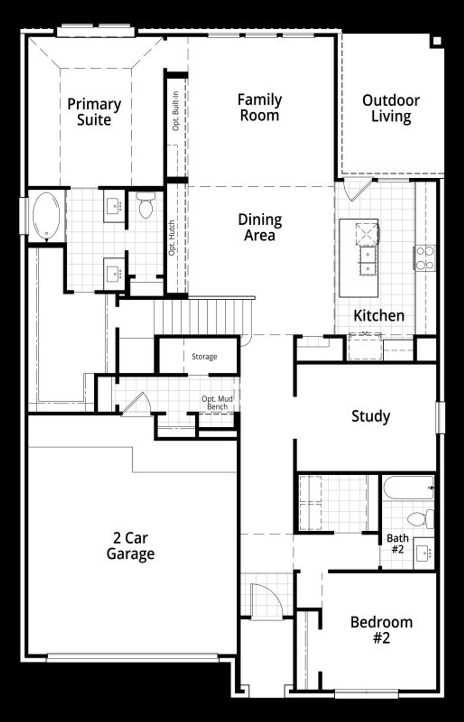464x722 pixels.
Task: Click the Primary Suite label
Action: point(94,112)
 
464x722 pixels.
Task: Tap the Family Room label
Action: point(260,108)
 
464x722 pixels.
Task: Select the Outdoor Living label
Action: point(391,108)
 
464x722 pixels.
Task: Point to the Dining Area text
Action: point(260,227)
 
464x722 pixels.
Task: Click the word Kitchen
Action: point(379,316)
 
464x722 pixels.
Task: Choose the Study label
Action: point(370,416)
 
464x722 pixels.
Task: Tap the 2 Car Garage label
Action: point(130,546)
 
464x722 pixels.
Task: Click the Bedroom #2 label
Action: point(381,630)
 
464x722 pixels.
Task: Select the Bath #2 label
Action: point(397,544)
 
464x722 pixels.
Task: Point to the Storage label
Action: point(204,357)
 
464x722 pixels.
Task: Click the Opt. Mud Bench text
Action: point(217,403)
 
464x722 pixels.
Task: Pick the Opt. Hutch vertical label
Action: point(172,238)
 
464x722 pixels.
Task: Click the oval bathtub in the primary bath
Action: point(46,216)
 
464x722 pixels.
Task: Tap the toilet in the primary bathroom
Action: point(146,206)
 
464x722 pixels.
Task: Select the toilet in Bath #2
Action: point(421,519)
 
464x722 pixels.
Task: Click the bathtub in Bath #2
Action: point(408,488)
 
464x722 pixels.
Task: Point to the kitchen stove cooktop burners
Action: point(425,258)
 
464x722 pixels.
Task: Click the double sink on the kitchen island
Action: point(368,260)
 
